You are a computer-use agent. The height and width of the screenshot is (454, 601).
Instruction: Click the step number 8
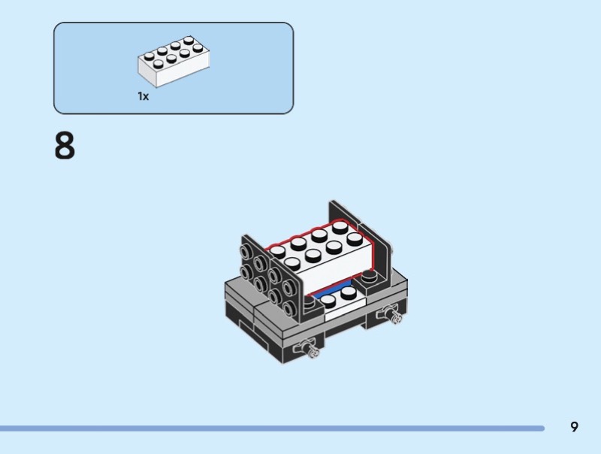[65, 147]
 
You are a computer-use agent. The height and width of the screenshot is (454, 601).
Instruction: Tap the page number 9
[574, 427]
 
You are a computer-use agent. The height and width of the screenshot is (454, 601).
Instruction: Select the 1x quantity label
[143, 96]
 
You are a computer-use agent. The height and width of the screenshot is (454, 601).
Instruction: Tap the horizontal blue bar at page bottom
[270, 428]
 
